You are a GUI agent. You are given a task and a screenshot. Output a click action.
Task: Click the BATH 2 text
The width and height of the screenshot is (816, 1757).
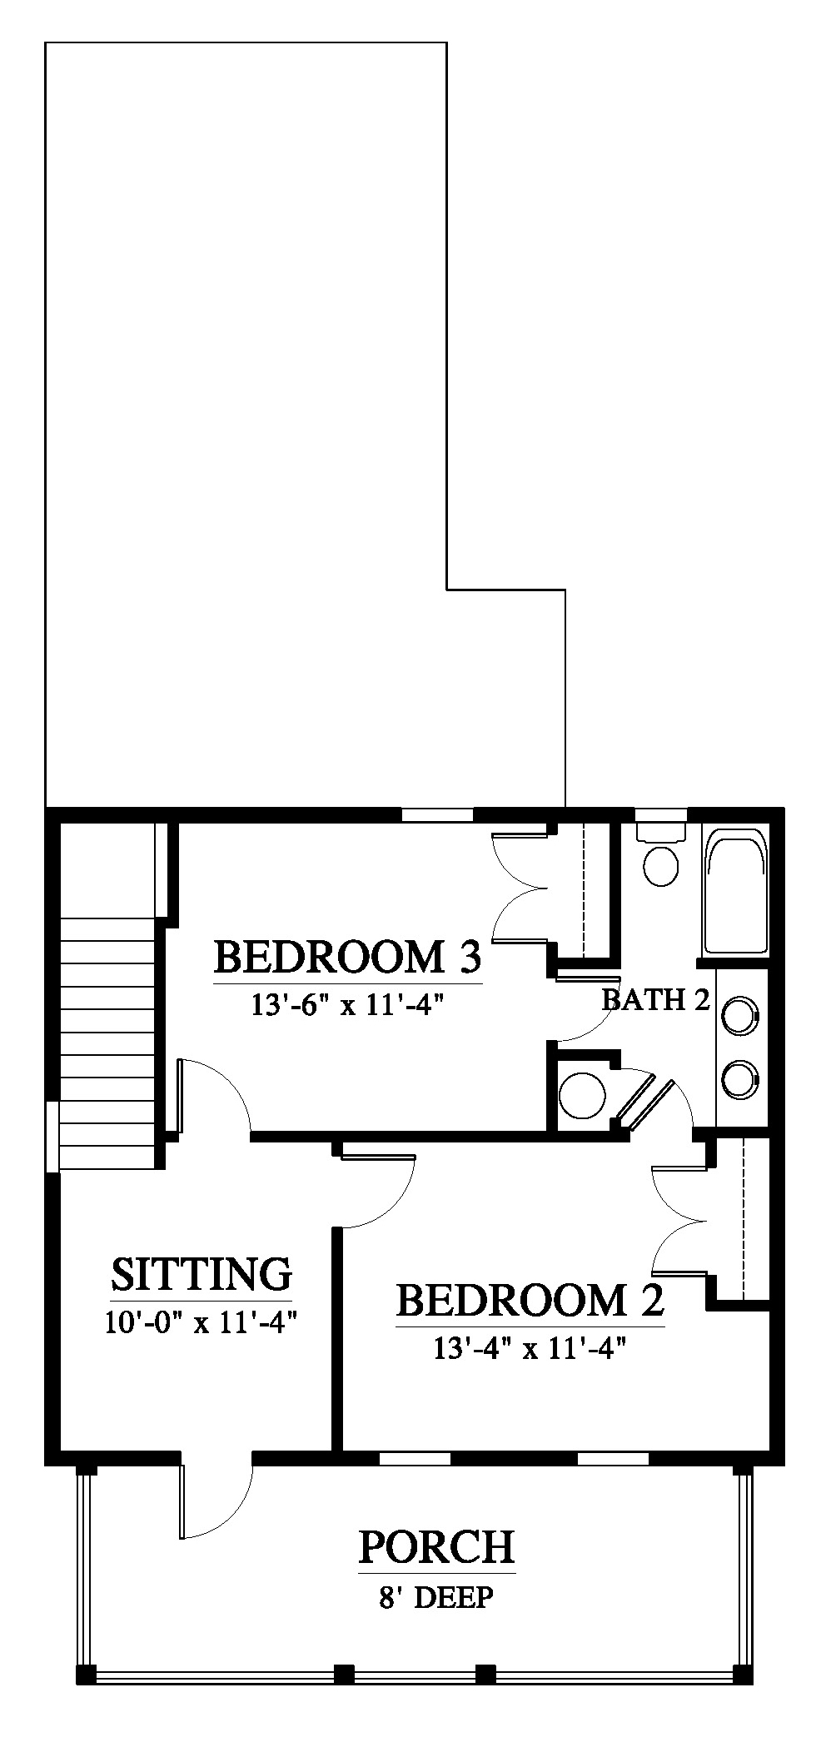click(x=656, y=999)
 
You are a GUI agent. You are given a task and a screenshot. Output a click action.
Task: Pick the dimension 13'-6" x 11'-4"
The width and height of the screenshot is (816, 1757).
click(x=346, y=1005)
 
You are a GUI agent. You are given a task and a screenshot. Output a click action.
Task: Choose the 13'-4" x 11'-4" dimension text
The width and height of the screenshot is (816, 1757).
click(x=530, y=1347)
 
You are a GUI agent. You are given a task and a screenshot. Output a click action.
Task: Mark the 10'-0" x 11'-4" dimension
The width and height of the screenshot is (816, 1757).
click(x=202, y=1321)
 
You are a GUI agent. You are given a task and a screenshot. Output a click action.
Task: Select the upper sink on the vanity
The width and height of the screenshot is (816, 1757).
click(x=739, y=1016)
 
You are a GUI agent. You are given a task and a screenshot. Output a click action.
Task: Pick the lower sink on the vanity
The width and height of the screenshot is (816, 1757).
click(x=739, y=1078)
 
